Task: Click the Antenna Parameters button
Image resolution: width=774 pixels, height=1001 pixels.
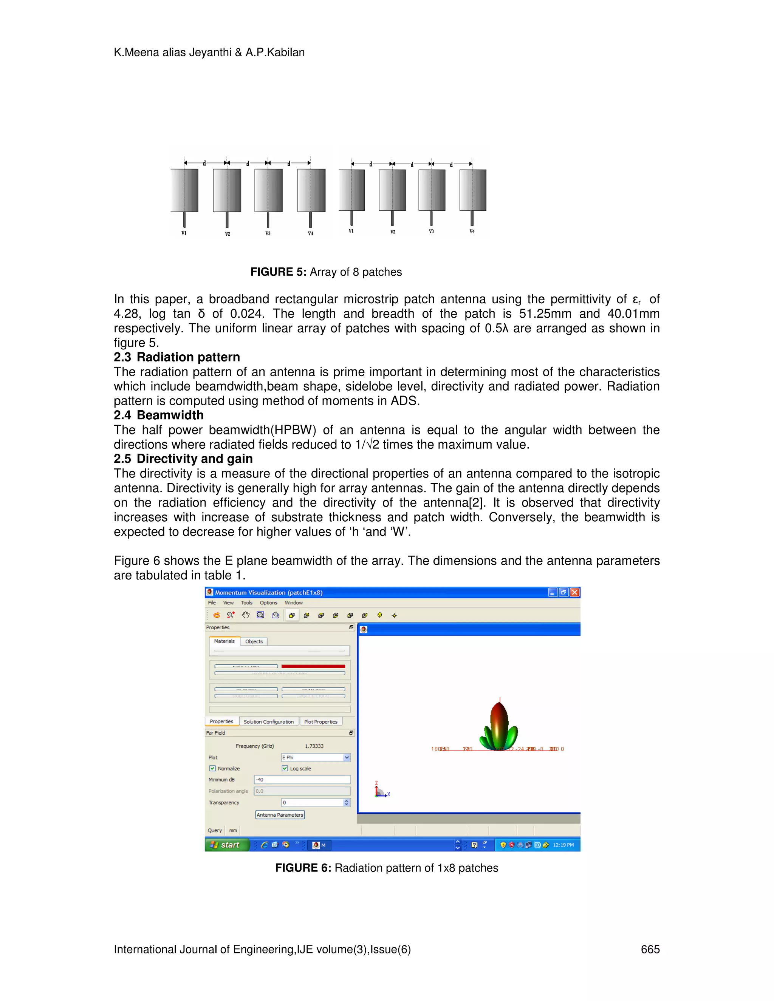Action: click(280, 814)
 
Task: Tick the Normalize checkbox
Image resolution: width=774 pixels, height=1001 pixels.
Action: click(212, 768)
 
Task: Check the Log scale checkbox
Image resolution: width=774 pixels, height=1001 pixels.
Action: click(285, 768)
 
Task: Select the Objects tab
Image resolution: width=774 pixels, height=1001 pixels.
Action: click(254, 641)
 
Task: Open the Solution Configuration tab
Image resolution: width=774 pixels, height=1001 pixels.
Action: click(268, 721)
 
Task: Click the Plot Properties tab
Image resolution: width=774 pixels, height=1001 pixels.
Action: click(320, 721)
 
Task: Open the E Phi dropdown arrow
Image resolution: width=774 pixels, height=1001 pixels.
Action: click(347, 757)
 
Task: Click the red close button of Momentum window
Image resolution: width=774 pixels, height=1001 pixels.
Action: click(574, 592)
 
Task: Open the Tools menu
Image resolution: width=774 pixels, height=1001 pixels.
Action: click(247, 603)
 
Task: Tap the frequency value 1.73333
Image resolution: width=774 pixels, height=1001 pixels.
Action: click(314, 746)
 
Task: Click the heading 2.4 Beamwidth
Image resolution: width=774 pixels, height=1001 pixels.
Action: click(159, 415)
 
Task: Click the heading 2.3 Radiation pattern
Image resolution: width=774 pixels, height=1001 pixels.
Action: click(176, 357)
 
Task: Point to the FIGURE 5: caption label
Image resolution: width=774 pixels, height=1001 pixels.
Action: click(278, 272)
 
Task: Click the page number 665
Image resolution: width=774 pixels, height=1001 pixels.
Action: click(650, 949)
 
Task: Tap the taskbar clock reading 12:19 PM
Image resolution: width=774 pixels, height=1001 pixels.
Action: click(563, 845)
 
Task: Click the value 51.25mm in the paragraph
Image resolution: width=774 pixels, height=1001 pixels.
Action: click(545, 314)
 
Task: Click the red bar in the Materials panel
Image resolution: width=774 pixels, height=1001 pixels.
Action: click(313, 666)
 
